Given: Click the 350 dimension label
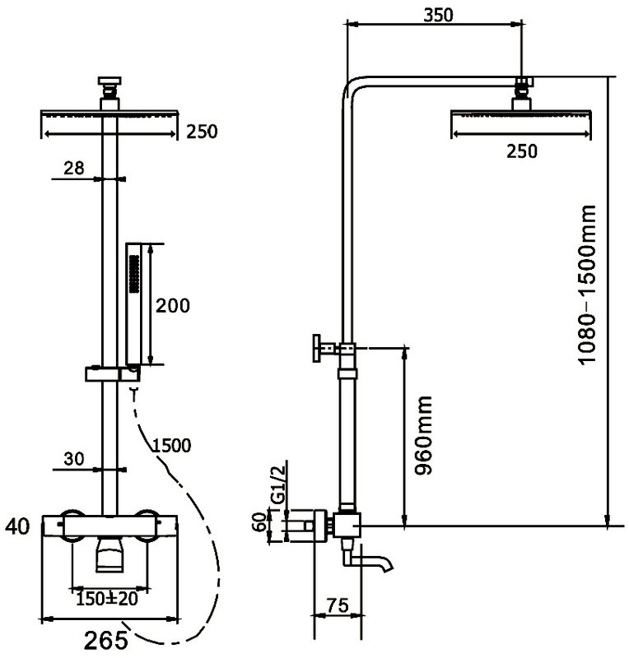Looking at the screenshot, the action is tap(438, 15).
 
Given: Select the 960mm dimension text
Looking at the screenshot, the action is tap(423, 435).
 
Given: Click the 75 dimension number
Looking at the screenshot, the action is tap(337, 605).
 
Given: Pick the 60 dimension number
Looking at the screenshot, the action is tap(261, 521).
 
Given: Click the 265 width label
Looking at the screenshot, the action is tap(106, 641).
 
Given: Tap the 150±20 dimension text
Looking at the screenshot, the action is tap(107, 598).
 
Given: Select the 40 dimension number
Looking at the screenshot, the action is tap(17, 526).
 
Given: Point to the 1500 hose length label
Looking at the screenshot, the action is tap(171, 445).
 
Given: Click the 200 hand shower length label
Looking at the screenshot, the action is tap(173, 305).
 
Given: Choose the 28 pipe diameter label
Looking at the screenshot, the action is tap(74, 168).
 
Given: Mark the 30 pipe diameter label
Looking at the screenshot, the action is tap(74, 459).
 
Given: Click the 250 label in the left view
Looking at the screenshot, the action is tap(202, 132).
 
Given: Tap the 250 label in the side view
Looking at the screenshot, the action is tap(521, 151).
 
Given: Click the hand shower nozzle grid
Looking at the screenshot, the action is tap(134, 273).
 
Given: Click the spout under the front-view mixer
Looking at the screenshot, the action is tap(110, 554).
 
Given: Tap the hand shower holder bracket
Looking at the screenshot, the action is tap(113, 373).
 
